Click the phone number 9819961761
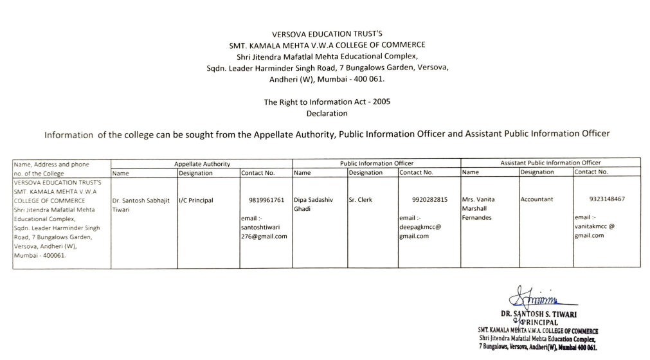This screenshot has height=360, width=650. point(271,200)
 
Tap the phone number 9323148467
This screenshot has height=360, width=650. point(606,199)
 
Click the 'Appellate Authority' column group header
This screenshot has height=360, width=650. point(202,164)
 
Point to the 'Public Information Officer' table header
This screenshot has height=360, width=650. point(377,164)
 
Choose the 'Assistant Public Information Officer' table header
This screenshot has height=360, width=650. point(550,163)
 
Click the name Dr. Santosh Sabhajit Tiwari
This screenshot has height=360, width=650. point(143,204)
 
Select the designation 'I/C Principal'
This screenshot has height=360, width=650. point(197,201)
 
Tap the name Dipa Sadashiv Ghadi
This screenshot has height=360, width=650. point(313,204)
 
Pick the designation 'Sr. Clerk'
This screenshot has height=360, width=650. point(361,200)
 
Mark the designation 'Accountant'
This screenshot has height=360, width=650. point(537,200)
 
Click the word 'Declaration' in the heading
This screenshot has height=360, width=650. point(327,114)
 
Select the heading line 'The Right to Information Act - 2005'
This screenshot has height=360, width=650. point(327,102)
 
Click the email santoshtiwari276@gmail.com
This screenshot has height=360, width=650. point(264,231)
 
